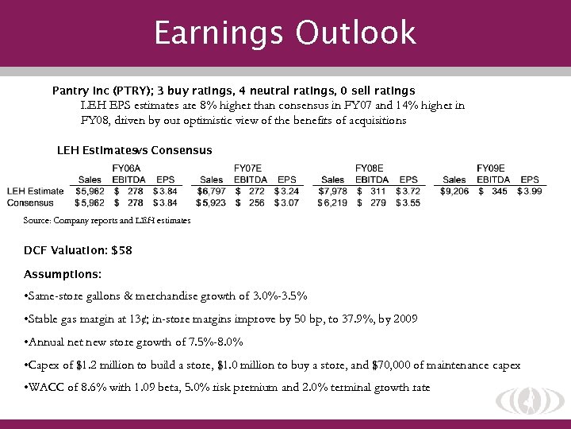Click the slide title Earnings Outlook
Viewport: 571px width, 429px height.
click(285, 33)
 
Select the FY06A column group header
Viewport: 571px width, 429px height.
click(127, 168)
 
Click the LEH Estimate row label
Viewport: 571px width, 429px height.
click(36, 191)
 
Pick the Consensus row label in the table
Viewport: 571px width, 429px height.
click(31, 203)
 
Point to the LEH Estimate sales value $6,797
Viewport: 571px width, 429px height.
click(212, 191)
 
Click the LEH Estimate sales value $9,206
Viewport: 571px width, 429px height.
click(454, 191)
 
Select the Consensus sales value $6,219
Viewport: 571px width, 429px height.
click(332, 203)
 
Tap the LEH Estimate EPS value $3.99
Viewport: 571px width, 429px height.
click(529, 191)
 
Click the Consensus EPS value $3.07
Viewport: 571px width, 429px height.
click(286, 203)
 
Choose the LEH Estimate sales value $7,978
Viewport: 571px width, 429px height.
click(333, 191)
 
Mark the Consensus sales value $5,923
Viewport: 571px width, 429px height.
click(211, 203)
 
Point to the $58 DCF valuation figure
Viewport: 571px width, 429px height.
click(122, 250)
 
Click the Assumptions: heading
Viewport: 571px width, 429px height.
click(63, 274)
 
